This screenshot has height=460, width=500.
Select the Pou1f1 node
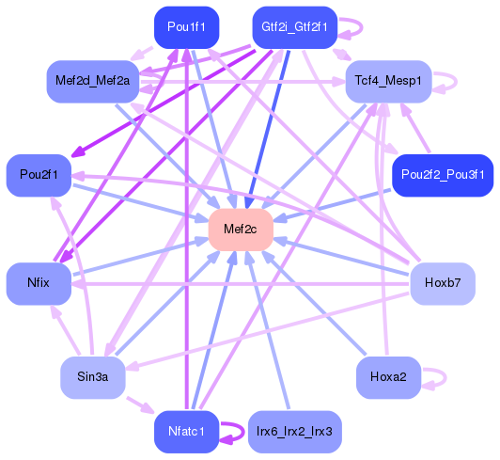click(186, 27)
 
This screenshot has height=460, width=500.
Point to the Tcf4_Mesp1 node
click(388, 82)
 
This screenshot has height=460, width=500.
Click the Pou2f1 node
click(39, 176)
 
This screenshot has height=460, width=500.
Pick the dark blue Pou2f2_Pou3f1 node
click(442, 176)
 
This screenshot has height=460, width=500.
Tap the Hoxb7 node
click(443, 282)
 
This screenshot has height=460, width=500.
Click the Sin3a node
click(93, 377)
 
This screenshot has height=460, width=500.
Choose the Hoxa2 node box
click(388, 377)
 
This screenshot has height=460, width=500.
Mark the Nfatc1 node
click(186, 432)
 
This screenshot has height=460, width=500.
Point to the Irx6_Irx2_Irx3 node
click(294, 432)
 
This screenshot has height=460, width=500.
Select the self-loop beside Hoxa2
click(435, 377)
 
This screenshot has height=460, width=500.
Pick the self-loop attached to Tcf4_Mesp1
click(445, 82)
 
